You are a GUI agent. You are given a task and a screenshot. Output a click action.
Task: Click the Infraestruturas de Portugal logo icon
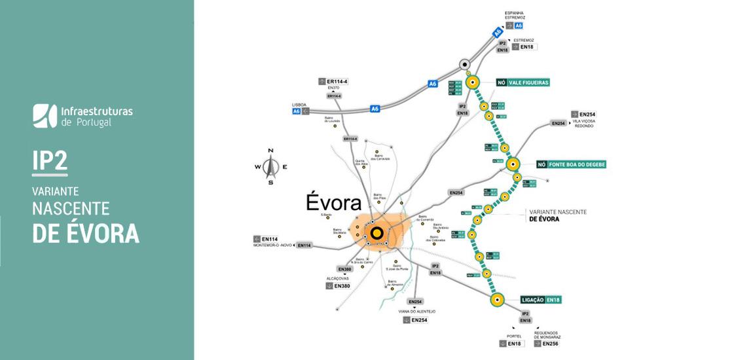click(45, 115)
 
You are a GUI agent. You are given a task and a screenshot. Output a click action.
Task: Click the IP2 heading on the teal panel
click(50, 161)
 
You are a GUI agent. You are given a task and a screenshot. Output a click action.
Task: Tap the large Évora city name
click(334, 202)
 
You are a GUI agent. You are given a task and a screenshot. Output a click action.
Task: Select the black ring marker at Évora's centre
click(376, 232)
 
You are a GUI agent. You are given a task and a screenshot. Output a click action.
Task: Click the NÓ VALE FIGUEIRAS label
click(522, 82)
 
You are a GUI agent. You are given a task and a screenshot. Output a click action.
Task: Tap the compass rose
click(270, 167)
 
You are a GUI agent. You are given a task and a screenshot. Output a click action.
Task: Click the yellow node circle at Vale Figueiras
click(473, 82)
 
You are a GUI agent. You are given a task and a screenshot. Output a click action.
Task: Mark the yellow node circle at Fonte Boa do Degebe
click(513, 164)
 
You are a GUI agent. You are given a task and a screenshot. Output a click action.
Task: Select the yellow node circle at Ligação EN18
click(497, 300)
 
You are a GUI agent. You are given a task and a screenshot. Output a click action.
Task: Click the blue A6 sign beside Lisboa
click(297, 111)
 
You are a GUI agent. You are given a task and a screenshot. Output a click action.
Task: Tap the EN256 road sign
click(547, 343)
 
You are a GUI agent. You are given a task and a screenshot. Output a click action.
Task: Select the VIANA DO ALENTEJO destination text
click(416, 312)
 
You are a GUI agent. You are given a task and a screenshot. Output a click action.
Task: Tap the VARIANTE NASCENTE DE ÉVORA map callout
click(558, 216)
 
